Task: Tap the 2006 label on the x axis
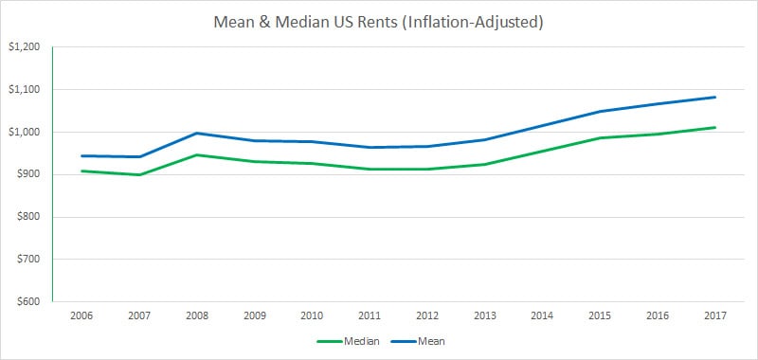tap(82, 315)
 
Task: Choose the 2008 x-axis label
tap(197, 315)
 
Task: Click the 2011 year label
tap(370, 315)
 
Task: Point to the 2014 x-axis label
tap(543, 315)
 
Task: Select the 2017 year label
tap(715, 315)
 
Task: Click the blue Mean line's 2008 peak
tap(197, 133)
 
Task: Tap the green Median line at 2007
tap(140, 174)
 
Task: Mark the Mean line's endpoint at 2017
tap(715, 97)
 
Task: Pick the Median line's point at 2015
tap(601, 138)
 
